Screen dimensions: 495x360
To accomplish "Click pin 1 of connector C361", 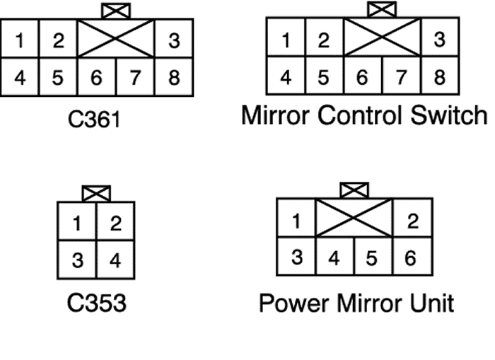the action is (x=20, y=38).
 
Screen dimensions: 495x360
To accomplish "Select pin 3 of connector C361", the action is (x=174, y=38).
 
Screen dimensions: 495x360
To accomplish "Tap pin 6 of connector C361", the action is (x=97, y=76).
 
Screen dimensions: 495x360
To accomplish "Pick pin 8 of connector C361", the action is (x=174, y=76).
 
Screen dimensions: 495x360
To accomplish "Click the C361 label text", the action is (x=94, y=120).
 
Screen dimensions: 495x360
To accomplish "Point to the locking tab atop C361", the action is (x=116, y=11).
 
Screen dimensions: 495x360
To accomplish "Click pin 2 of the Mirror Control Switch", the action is (x=324, y=37).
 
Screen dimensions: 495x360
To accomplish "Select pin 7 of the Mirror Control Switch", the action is (x=401, y=76).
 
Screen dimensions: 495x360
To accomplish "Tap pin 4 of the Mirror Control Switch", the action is (x=286, y=76).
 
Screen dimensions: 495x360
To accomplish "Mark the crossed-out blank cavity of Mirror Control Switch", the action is (x=383, y=37).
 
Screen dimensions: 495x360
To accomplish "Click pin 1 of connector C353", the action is (x=76, y=221).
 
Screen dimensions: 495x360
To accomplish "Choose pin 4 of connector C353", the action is (x=115, y=260).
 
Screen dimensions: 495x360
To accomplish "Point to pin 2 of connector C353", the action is (x=115, y=221).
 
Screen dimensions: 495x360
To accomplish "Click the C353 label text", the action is (x=97, y=303).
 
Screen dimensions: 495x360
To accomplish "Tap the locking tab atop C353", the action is (x=96, y=194).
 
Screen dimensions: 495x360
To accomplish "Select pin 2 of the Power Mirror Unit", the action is (x=412, y=218).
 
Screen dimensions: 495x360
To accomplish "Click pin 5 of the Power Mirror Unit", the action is (x=373, y=256).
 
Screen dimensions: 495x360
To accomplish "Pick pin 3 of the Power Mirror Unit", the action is (x=296, y=256).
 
